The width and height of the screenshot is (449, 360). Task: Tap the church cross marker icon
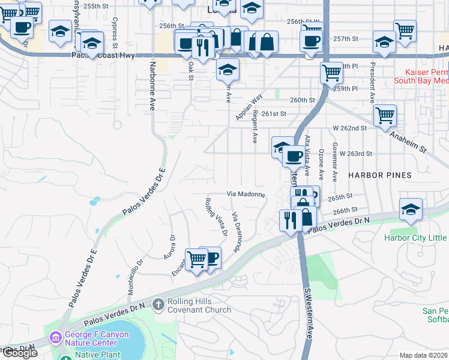(x=158, y=305)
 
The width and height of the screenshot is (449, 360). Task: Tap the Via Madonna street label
(x=246, y=194)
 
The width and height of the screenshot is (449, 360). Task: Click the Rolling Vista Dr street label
(x=216, y=215)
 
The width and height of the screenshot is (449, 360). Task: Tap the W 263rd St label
(x=355, y=154)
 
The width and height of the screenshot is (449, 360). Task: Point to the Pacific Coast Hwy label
(x=112, y=55)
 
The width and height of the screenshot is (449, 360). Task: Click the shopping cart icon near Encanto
(x=196, y=259)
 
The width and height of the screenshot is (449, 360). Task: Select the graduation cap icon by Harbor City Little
(x=411, y=209)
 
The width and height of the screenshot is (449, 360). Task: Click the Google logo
(x=20, y=353)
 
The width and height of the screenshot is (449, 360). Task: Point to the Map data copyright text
(x=424, y=355)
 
